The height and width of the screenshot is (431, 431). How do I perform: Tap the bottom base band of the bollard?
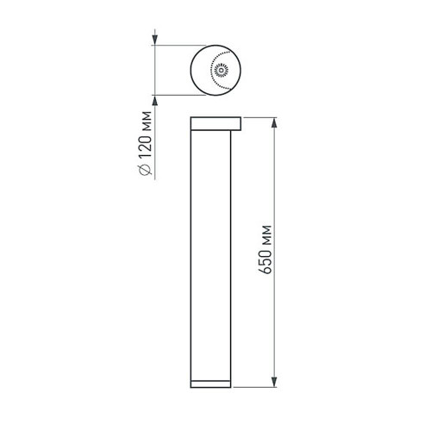click(216, 383)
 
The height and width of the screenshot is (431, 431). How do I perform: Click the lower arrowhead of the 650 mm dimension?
click(275, 382)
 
